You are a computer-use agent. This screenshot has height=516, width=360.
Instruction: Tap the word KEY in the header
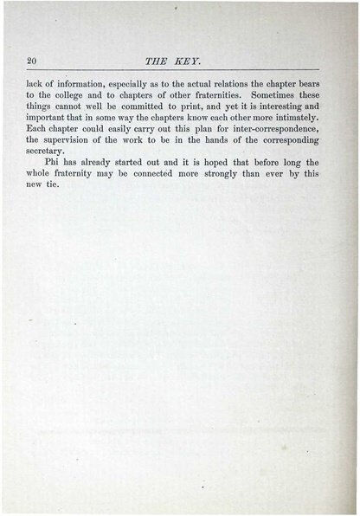(x=187, y=59)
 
